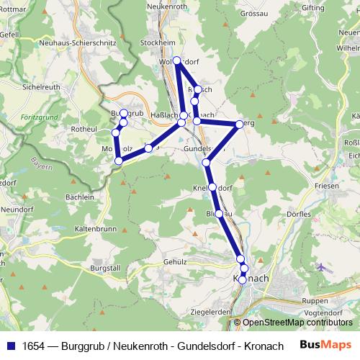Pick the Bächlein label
(80, 196)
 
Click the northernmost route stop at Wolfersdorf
(177, 60)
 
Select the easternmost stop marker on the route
(239, 125)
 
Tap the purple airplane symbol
(320, 268)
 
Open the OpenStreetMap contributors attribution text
(297, 323)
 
